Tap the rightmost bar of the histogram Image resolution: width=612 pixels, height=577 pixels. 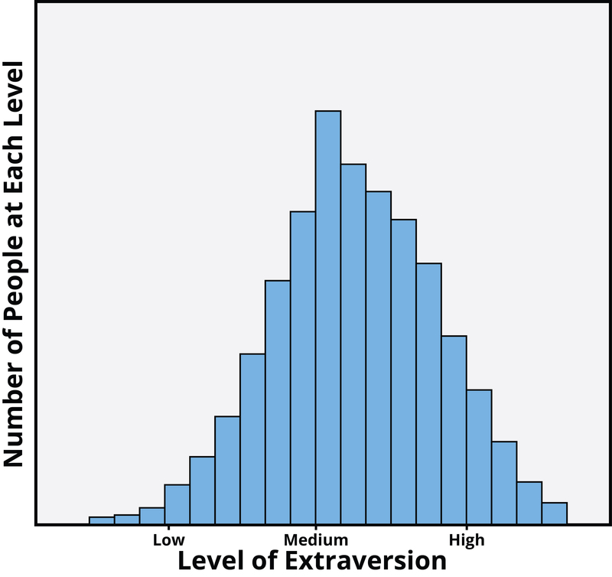[x=555, y=513]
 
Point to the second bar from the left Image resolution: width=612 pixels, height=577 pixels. [x=127, y=520]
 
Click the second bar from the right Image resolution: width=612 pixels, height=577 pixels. [x=529, y=503]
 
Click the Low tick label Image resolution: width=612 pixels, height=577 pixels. [x=168, y=540]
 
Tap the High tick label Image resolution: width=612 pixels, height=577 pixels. [x=467, y=540]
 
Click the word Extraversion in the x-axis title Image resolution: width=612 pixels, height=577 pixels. [x=367, y=560]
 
